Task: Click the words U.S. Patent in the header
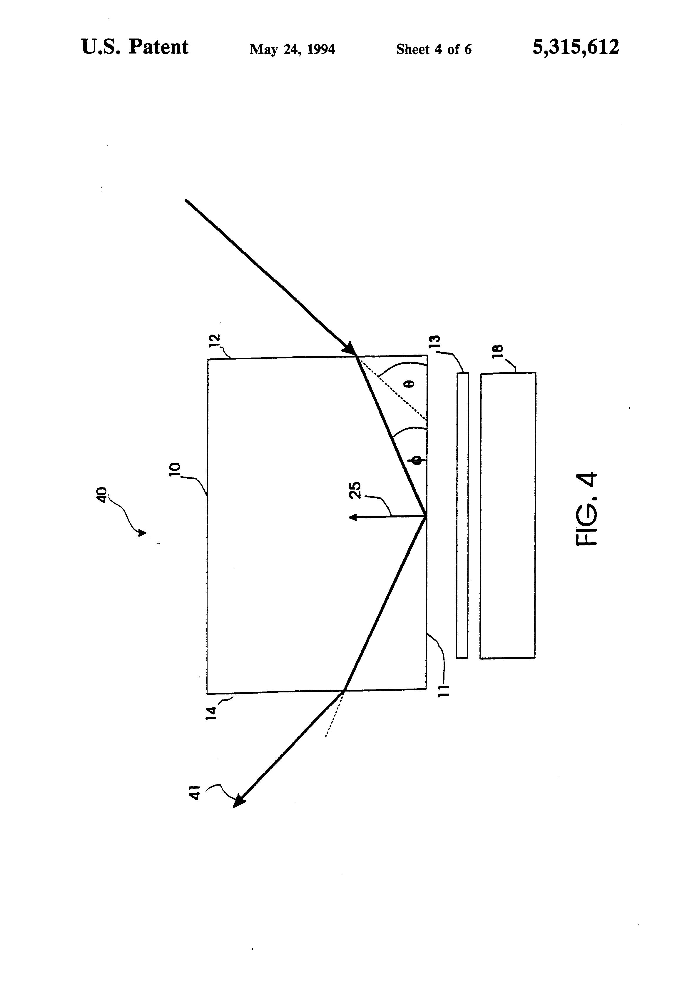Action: tap(135, 47)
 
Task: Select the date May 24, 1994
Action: tap(292, 49)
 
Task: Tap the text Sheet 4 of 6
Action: tap(433, 49)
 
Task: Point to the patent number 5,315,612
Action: tap(576, 47)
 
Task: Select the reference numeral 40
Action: tap(101, 495)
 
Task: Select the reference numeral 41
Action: tap(195, 793)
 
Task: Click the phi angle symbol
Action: tap(417, 460)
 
